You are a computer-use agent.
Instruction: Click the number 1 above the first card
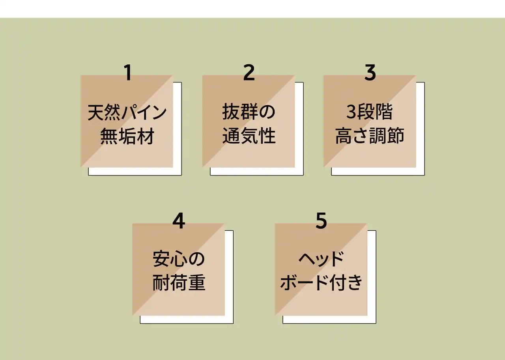click(x=127, y=73)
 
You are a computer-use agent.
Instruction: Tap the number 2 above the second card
click(x=249, y=73)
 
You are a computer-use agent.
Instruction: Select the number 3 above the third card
click(x=370, y=73)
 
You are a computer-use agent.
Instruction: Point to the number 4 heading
click(x=179, y=222)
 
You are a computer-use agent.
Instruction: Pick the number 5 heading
click(x=321, y=222)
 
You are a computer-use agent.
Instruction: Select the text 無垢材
click(x=127, y=136)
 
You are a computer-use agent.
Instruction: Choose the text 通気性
click(x=249, y=136)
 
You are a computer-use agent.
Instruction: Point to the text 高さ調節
click(x=370, y=136)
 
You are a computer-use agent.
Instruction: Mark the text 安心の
click(x=179, y=261)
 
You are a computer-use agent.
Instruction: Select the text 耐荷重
click(x=179, y=284)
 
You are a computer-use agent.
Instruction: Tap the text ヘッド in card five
click(x=321, y=261)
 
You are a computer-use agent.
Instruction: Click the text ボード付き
click(x=321, y=284)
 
